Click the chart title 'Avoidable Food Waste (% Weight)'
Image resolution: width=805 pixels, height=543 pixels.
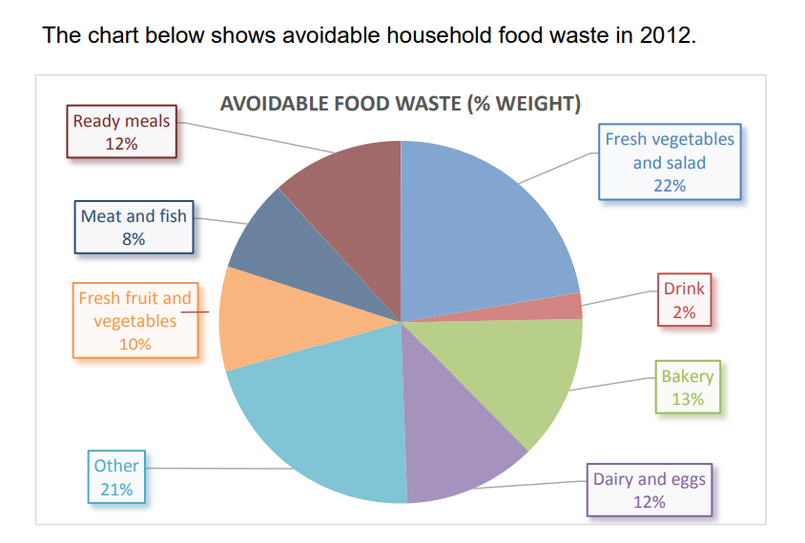(401, 103)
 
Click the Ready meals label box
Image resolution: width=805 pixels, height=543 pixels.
(121, 132)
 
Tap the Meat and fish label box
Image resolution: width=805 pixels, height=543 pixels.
(134, 228)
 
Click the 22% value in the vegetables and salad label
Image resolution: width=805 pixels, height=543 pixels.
(670, 186)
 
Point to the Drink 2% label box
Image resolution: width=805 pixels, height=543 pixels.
(684, 299)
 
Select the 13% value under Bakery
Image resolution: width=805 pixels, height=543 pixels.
(688, 399)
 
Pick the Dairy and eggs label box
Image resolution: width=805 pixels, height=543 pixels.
(650, 490)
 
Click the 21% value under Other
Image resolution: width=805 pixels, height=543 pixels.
(116, 490)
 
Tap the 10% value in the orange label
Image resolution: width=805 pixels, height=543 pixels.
(134, 344)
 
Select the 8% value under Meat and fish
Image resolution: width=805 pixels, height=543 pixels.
(134, 239)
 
